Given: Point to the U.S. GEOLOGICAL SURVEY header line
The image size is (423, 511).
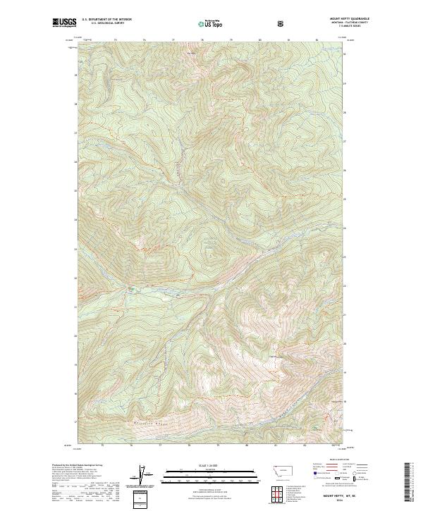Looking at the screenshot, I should click(x=106, y=23).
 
